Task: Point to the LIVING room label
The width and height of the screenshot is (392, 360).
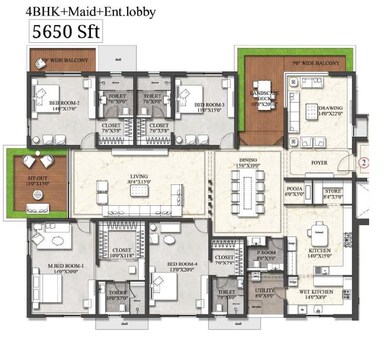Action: coord(138,181)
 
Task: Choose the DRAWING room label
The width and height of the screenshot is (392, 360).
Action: coord(331,108)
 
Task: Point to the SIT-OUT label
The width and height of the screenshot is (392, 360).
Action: coord(23,181)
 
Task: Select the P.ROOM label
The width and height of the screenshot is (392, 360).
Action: coord(265,255)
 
